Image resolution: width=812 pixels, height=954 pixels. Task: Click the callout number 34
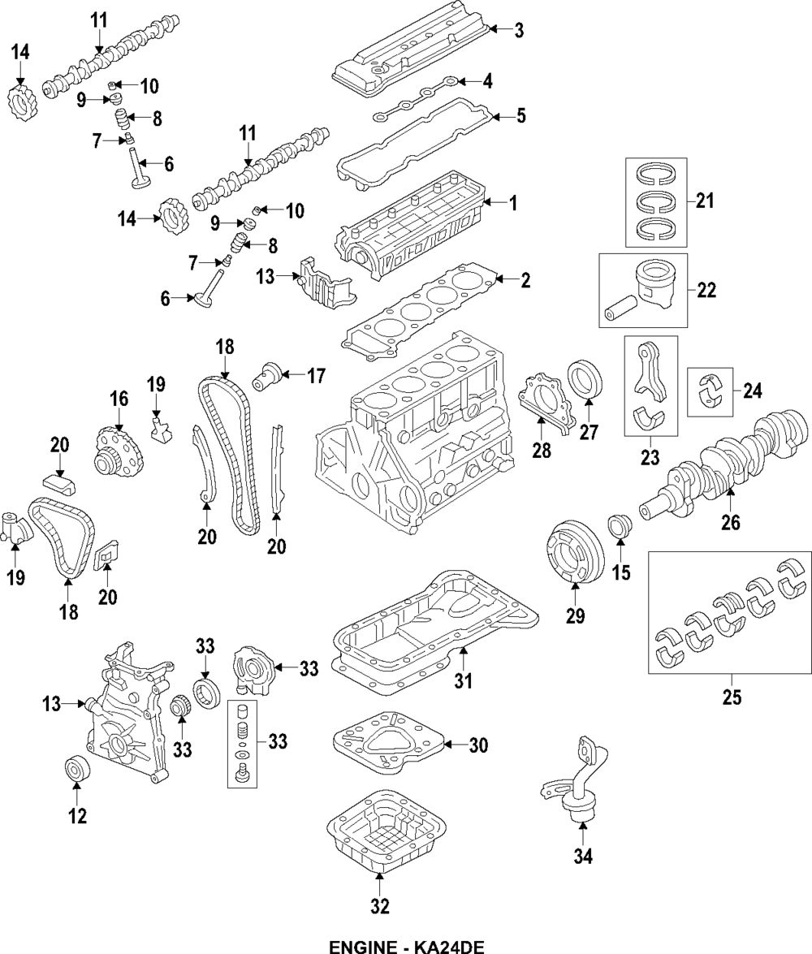[584, 855]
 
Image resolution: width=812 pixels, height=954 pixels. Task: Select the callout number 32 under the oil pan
[379, 905]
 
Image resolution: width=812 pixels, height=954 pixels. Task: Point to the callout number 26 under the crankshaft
[731, 523]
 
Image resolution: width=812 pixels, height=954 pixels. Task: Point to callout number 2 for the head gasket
[525, 281]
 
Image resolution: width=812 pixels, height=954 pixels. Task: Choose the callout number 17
[315, 375]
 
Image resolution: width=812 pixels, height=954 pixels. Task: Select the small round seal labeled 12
[77, 769]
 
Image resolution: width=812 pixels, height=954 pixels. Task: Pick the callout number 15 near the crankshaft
[620, 573]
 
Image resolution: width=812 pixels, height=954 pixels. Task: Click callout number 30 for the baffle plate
[478, 745]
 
